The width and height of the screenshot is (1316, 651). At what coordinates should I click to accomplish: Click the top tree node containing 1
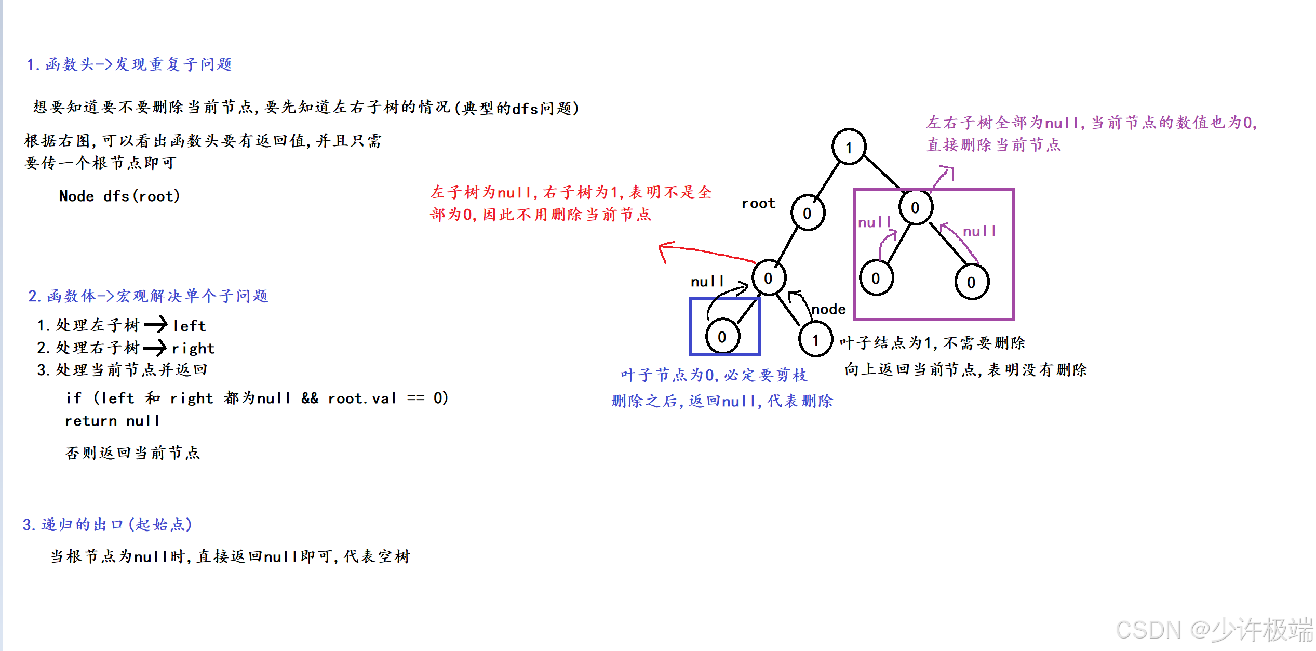tap(849, 147)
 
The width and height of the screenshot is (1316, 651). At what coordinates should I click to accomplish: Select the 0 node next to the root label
tap(808, 212)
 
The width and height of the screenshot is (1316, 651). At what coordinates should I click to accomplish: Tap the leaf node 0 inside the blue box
tap(722, 337)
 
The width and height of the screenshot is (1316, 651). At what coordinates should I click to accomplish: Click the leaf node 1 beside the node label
tap(815, 340)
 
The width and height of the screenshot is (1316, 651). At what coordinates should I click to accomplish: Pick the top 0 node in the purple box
tap(916, 207)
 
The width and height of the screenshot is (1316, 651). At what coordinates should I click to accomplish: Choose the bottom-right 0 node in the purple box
tap(971, 282)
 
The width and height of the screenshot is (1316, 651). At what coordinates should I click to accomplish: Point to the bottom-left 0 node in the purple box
tap(876, 278)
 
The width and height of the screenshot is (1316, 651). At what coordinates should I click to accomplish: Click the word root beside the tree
tap(758, 203)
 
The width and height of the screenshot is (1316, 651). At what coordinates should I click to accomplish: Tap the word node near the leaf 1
tap(828, 309)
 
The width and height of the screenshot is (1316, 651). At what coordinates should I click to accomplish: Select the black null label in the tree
tap(707, 282)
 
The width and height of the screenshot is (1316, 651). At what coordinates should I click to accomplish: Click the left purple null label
tap(874, 222)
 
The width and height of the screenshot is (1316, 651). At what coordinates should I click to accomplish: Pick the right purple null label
tap(979, 231)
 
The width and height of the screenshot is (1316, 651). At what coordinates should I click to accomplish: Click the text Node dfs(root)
tap(119, 196)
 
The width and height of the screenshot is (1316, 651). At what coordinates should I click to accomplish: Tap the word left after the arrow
tap(190, 326)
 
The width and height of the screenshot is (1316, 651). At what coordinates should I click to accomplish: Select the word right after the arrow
tap(193, 348)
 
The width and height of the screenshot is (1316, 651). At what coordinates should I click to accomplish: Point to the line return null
tap(112, 421)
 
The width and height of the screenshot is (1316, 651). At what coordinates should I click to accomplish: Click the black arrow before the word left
tap(155, 325)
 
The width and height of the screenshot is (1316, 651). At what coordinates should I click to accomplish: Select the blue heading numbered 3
tap(107, 524)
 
